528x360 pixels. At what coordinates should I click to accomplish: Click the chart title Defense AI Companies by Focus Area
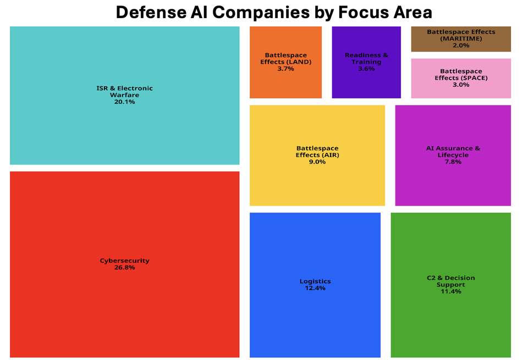(274, 12)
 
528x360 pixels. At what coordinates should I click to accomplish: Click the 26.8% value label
(124, 268)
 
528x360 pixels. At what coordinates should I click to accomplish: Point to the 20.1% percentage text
(124, 102)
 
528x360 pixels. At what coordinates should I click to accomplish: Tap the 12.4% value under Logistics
(315, 288)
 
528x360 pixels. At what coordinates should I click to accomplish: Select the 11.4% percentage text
(450, 291)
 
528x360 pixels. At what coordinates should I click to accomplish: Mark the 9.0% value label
(317, 162)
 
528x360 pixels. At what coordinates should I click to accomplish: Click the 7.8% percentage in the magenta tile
(453, 162)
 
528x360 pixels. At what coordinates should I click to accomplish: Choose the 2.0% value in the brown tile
(461, 46)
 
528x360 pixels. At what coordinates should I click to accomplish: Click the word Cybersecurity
(124, 261)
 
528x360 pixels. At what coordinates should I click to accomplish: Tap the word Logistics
(315, 281)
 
